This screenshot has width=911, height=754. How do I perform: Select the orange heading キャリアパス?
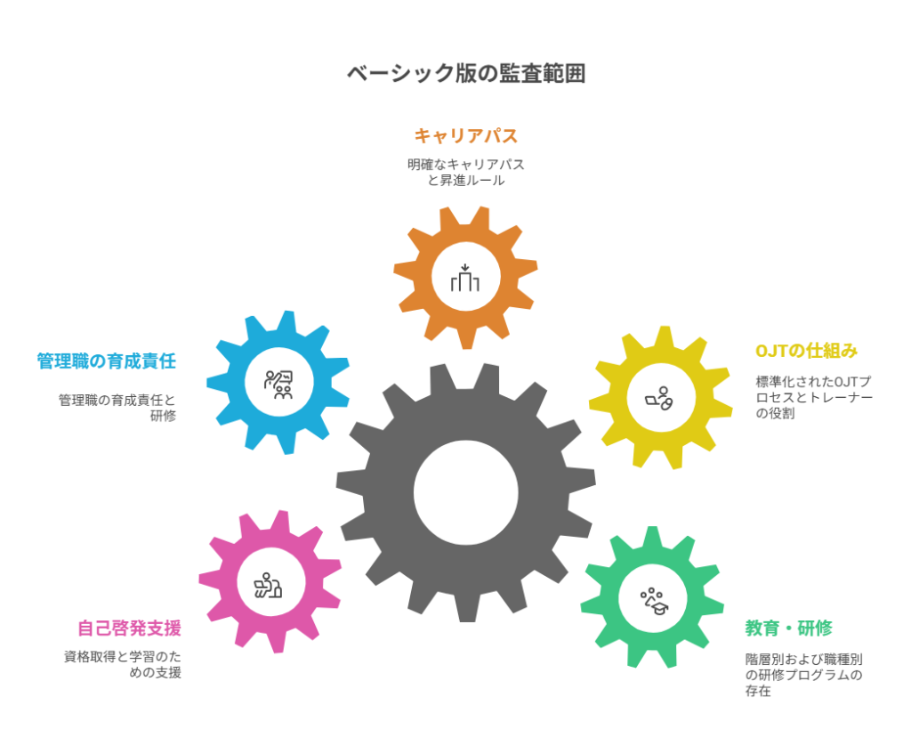pos(465,136)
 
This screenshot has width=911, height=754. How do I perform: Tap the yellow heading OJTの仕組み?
pos(806,351)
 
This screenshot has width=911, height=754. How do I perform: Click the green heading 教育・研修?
pos(788,628)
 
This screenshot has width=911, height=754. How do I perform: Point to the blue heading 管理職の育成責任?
pos(106,361)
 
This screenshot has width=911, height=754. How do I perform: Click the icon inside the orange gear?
pos(465,279)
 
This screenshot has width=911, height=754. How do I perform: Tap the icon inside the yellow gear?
pos(660,398)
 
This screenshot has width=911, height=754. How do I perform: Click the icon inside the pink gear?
pos(268,585)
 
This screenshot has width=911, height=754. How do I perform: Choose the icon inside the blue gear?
pos(278,384)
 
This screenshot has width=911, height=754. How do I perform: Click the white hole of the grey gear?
pos(465,492)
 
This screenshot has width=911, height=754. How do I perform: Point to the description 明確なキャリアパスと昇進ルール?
pos(465,173)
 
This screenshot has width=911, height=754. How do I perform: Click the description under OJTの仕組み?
pos(813,397)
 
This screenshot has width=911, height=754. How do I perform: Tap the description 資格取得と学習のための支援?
pos(123,665)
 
